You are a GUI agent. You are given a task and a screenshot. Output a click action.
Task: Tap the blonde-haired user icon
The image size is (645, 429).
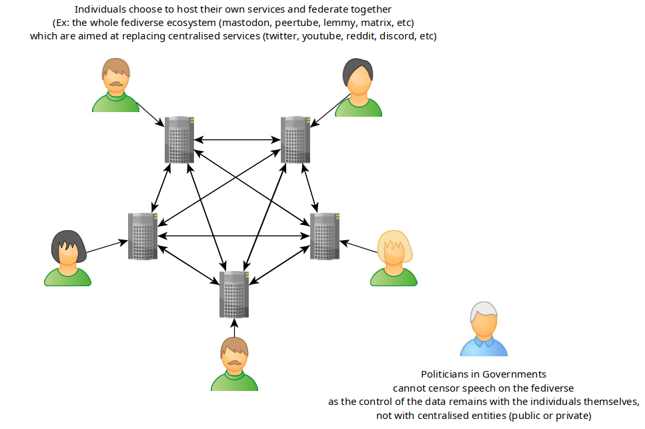(x=394, y=258)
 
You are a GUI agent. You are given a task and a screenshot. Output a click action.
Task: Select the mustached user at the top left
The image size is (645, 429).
(x=115, y=85)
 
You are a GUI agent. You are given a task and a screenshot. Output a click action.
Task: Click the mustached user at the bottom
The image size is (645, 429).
(x=234, y=364)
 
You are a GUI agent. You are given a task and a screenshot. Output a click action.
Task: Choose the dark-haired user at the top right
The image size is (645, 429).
(x=358, y=87)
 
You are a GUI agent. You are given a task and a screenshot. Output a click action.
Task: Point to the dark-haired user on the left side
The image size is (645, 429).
(x=67, y=258)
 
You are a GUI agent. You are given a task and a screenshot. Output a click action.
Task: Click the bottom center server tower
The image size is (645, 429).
(x=234, y=294)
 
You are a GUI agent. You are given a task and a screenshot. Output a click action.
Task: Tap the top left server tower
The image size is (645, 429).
(x=179, y=139)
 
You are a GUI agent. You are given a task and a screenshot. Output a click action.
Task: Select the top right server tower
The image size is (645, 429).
(x=295, y=139)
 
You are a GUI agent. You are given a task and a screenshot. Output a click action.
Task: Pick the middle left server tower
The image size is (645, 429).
(x=143, y=236)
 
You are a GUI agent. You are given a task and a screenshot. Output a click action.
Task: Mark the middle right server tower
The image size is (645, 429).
(x=325, y=236)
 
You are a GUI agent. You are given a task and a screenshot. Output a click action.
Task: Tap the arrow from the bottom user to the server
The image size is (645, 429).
(x=234, y=327)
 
